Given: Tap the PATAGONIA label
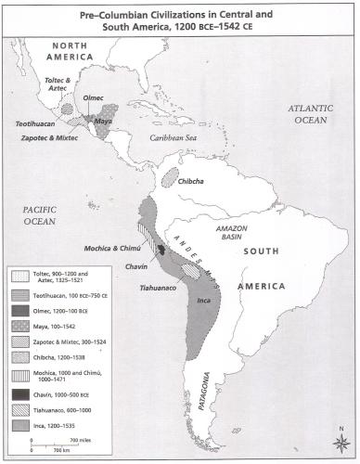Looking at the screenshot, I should (x=214, y=380).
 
